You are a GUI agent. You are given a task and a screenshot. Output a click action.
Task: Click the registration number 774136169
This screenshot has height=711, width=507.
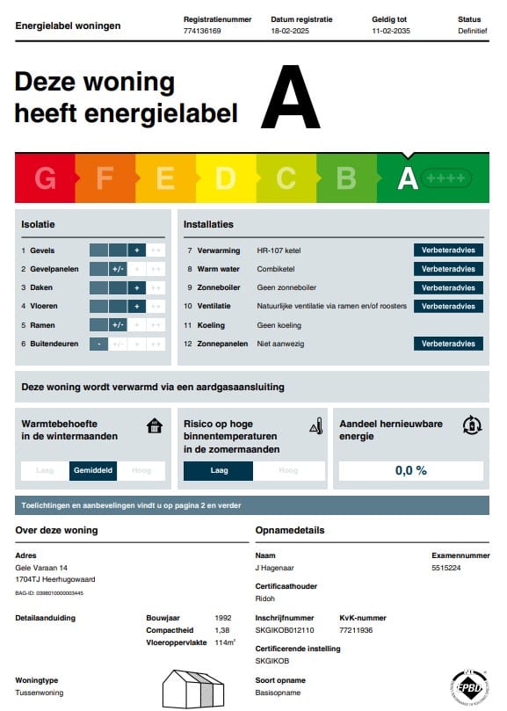pyautogui.click(x=202, y=31)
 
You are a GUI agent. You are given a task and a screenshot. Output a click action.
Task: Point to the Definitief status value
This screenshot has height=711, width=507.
pyautogui.click(x=472, y=31)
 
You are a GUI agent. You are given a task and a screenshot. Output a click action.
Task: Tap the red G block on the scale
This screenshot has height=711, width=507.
pyautogui.click(x=45, y=178)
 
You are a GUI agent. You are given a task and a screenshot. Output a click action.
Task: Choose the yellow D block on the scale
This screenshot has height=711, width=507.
pyautogui.click(x=225, y=178)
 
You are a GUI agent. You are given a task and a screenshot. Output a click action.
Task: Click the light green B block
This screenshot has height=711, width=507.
pyautogui.click(x=346, y=178)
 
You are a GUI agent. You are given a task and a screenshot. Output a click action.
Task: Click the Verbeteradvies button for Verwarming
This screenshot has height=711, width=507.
pyautogui.click(x=448, y=250)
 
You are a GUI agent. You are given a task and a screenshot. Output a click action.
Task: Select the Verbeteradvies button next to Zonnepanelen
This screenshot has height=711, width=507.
pyautogui.click(x=448, y=344)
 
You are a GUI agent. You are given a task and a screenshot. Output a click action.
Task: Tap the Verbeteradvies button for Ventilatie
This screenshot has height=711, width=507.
pyautogui.click(x=448, y=306)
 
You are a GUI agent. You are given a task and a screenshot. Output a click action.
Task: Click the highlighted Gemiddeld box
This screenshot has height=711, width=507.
pyautogui.click(x=93, y=471)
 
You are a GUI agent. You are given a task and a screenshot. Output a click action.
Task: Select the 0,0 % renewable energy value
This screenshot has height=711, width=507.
pyautogui.click(x=410, y=471)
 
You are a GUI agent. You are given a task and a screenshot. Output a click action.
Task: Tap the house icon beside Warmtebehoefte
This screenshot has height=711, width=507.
pyautogui.click(x=155, y=426)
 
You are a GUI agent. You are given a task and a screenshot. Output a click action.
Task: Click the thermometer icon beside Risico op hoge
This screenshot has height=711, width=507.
pyautogui.click(x=316, y=427)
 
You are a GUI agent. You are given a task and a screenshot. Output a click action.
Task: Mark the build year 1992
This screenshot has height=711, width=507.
pyautogui.click(x=223, y=618)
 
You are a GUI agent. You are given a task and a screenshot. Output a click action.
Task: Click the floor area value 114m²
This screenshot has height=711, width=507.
pyautogui.click(x=226, y=642)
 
